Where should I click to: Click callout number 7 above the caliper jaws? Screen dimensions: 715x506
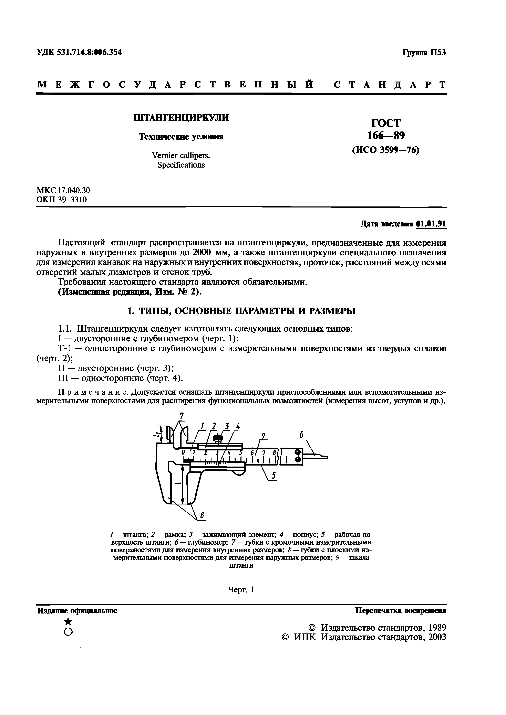pyautogui.click(x=182, y=416)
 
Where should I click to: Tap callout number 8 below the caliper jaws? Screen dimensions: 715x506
pyautogui.click(x=202, y=516)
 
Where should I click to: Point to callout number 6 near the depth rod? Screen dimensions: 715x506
pyautogui.click(x=301, y=435)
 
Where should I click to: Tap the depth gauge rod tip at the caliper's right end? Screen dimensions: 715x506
pyautogui.click(x=324, y=457)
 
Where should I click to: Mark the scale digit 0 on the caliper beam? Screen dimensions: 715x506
pyautogui.click(x=184, y=452)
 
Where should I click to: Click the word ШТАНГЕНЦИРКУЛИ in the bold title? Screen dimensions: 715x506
pyautogui.click(x=181, y=118)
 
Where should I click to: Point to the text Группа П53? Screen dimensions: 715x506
pyautogui.click(x=424, y=52)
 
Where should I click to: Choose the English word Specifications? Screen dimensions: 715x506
pyautogui.click(x=181, y=165)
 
